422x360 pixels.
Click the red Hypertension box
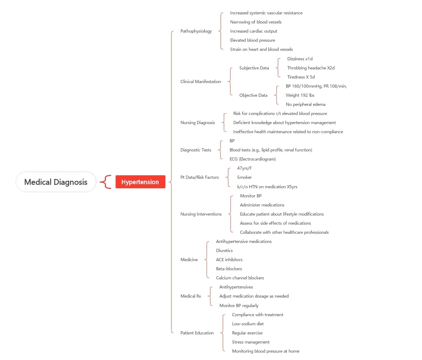pyautogui.click(x=140, y=182)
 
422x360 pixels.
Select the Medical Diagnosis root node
pyautogui.click(x=56, y=182)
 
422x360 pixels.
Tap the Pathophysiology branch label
pyautogui.click(x=196, y=31)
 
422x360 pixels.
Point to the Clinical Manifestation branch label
pyautogui.click(x=201, y=82)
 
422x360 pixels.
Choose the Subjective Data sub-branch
pyautogui.click(x=254, y=68)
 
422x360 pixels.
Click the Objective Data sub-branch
pyautogui.click(x=253, y=95)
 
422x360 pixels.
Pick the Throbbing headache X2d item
pyautogui.click(x=311, y=68)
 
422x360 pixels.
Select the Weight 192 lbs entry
pyautogui.click(x=300, y=95)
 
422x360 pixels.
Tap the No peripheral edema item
pyautogui.click(x=306, y=104)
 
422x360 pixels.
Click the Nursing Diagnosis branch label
pyautogui.click(x=197, y=123)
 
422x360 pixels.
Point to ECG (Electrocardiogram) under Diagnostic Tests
pyautogui.click(x=253, y=159)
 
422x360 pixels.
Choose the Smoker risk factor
pyautogui.click(x=245, y=177)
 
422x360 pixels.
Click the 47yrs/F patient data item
pyautogui.click(x=245, y=168)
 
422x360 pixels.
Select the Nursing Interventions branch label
pyautogui.click(x=201, y=214)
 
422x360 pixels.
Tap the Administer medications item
pyautogui.click(x=262, y=205)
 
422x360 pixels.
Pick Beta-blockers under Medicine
pyautogui.click(x=229, y=269)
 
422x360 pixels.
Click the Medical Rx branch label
pyautogui.click(x=191, y=296)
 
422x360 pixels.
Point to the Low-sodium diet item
pyautogui.click(x=248, y=324)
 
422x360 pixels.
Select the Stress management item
pyautogui.click(x=251, y=342)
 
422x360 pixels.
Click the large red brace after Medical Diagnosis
pyautogui.click(x=105, y=182)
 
